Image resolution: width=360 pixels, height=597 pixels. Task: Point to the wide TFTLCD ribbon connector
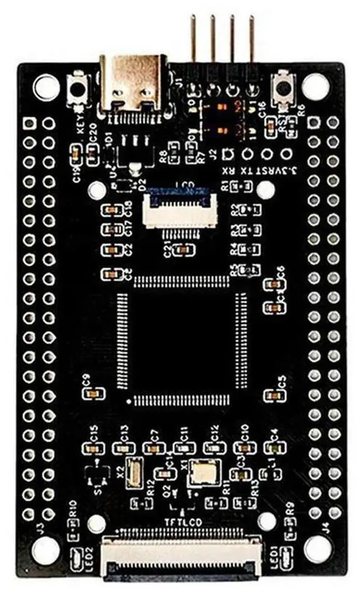tap(181, 556)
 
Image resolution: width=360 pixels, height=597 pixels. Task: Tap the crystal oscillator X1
tap(202, 471)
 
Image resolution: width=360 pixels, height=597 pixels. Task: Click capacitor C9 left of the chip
tap(92, 393)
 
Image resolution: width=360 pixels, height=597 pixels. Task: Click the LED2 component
tap(76, 559)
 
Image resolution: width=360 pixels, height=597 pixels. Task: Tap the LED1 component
tap(286, 559)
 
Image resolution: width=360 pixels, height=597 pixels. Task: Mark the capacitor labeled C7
tap(152, 448)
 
